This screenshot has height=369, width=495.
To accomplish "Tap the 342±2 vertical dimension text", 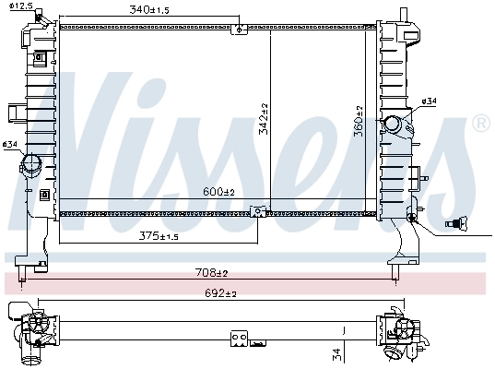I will (x=264, y=117).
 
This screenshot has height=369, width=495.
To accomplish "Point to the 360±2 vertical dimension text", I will (x=359, y=121).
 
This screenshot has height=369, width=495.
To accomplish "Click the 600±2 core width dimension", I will (x=219, y=192).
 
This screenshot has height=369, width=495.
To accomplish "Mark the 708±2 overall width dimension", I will (x=211, y=273).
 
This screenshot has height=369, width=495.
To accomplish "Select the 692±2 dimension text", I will (x=221, y=293).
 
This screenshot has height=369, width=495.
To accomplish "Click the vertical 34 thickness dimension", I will (x=337, y=352).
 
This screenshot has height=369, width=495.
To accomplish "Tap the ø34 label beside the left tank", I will (x=10, y=145).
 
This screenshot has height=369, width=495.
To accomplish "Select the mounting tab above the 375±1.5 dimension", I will (x=261, y=209).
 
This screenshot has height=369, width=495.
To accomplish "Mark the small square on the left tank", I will (x=44, y=195).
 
